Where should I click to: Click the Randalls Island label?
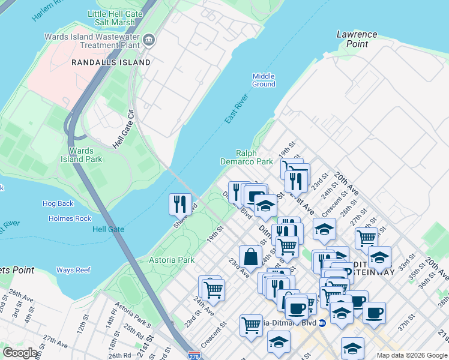(111, 62)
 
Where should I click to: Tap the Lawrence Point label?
(357, 39)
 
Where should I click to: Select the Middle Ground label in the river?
(264, 80)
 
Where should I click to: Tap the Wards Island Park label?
(81, 155)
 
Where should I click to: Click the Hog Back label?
(58, 203)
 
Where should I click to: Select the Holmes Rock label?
(70, 218)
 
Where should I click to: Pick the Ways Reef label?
(73, 270)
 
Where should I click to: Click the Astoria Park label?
(172, 260)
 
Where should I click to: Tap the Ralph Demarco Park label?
(255, 157)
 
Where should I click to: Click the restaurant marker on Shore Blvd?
(181, 204)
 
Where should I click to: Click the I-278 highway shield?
(194, 355)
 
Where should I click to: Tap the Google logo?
(20, 353)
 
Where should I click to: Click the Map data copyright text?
(412, 355)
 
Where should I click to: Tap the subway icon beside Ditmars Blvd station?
(322, 322)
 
